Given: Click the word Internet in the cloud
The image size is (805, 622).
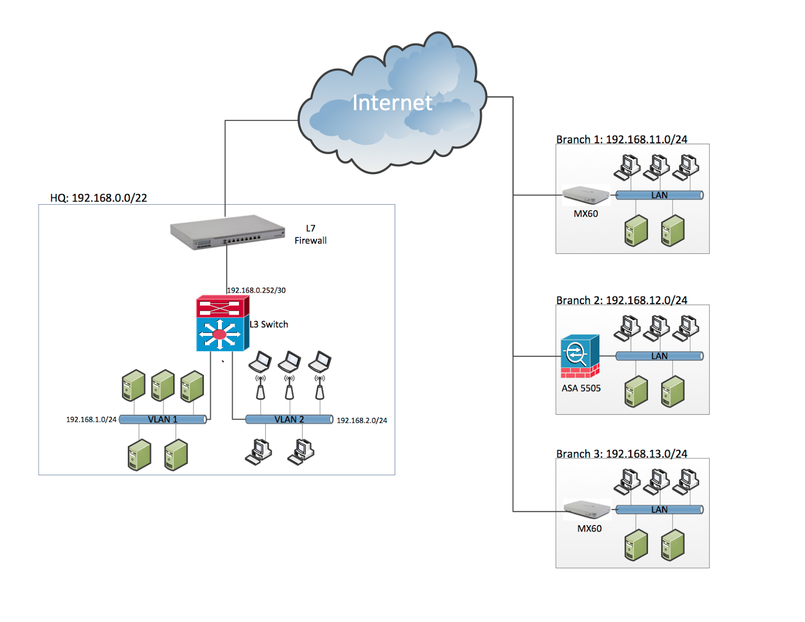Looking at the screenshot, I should click(x=392, y=103).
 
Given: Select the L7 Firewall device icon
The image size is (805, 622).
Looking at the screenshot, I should click(x=227, y=232).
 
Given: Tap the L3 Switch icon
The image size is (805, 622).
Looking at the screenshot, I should click(x=222, y=323).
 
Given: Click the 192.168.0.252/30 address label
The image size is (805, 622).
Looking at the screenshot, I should click(x=256, y=290).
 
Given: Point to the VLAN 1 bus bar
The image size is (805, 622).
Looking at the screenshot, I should click(x=163, y=419).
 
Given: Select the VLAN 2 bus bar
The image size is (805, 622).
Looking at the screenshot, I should click(x=289, y=419).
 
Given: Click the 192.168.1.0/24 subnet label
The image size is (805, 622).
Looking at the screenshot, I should click(x=91, y=419).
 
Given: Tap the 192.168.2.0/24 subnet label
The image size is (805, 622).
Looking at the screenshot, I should click(x=362, y=420).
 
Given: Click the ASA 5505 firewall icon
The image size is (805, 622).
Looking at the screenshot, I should click(x=580, y=356).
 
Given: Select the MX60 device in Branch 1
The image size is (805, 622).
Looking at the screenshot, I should click(x=585, y=195).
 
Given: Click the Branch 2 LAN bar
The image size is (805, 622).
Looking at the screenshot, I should click(x=659, y=356).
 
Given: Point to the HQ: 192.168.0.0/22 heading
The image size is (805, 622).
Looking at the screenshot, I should click(x=99, y=198).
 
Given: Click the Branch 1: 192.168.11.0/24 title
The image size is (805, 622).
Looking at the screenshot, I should click(x=621, y=139).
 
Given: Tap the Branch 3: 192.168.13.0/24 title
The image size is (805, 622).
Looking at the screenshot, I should click(x=621, y=454).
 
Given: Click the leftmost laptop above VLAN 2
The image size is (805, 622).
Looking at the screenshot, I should click(x=260, y=361).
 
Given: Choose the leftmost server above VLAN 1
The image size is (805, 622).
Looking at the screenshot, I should click(x=133, y=386).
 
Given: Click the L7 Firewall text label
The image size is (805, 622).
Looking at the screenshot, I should click(x=310, y=234).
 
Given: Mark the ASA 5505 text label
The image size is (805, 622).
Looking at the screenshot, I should click(x=581, y=388).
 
